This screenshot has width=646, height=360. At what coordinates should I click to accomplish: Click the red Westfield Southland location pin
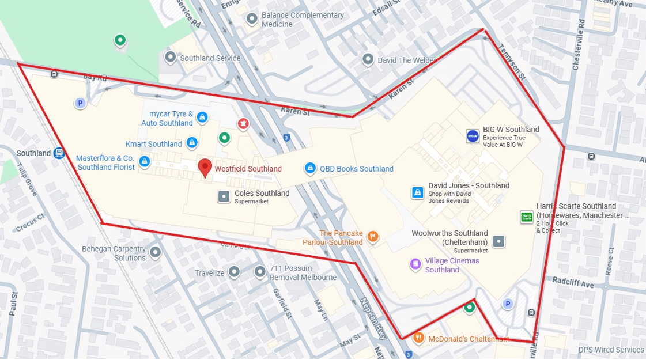pyautogui.click(x=205, y=167)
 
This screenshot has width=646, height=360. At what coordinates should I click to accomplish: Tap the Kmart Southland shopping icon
pyautogui.click(x=192, y=143)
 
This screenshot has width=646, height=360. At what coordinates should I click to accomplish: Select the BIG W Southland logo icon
pyautogui.click(x=473, y=136)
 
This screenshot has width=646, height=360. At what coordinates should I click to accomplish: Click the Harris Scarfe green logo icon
pyautogui.click(x=526, y=217)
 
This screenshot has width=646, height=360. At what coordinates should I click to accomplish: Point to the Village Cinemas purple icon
pyautogui.click(x=415, y=264)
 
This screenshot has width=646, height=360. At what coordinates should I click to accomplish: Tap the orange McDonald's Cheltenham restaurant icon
pyautogui.click(x=419, y=338)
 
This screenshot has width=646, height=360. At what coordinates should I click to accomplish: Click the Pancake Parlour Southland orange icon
pyautogui.click(x=373, y=236)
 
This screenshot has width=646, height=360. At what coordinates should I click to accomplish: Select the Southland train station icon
pyautogui.click(x=59, y=153)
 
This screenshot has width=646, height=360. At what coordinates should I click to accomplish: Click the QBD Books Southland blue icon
pyautogui.click(x=310, y=168)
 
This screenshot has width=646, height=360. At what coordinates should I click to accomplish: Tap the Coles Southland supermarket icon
pyautogui.click(x=224, y=196)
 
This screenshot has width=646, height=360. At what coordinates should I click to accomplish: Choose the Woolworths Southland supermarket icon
pyautogui.click(x=499, y=241)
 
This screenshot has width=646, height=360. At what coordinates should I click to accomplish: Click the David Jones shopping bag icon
pyautogui.click(x=418, y=192)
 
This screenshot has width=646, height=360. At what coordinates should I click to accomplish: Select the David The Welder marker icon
pyautogui.click(x=368, y=59)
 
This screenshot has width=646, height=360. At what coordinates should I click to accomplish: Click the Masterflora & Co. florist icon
pyautogui.click(x=145, y=162)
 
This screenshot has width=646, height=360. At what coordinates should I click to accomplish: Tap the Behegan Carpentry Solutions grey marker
pyautogui.click(x=155, y=252)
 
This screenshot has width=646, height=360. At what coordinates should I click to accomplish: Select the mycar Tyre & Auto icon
pyautogui.click(x=202, y=118)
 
